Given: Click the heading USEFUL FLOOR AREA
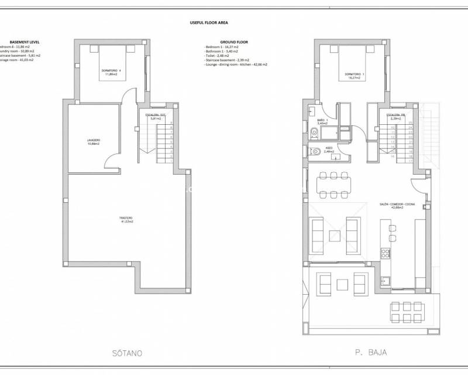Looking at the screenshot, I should [x=209, y=22].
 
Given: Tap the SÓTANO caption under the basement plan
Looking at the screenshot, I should [x=126, y=353].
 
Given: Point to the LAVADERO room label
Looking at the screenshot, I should [x=94, y=142].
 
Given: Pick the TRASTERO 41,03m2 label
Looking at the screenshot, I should [x=127, y=220].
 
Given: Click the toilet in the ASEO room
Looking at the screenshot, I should [x=313, y=152].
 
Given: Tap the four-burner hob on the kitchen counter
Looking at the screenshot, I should [x=386, y=254].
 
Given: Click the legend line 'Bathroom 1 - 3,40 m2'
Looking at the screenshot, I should [x=226, y=51].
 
